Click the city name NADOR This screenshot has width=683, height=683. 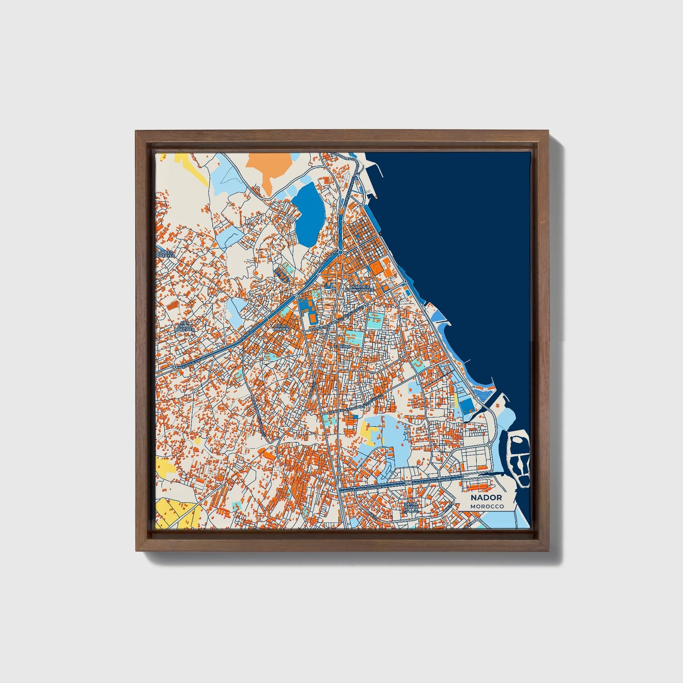486,498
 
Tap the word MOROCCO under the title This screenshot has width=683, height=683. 487,506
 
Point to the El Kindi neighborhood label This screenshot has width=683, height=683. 341,346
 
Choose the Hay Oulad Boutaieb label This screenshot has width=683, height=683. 183,326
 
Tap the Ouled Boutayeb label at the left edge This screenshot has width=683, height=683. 166,254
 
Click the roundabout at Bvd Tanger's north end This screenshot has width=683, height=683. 340,252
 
